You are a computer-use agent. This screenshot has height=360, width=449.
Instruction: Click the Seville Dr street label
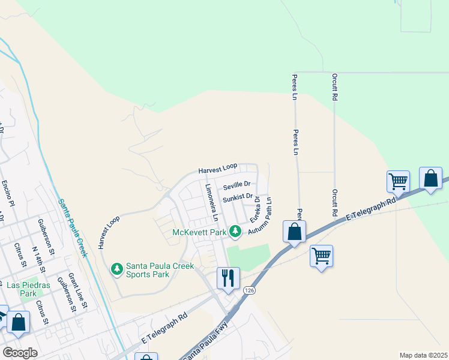pyautogui.click(x=236, y=184)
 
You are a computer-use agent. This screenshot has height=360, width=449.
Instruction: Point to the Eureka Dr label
pyautogui.click(x=255, y=209)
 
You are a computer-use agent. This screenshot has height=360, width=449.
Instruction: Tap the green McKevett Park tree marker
pyautogui.click(x=237, y=231)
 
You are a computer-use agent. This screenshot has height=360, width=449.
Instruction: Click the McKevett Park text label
pyautogui.click(x=199, y=232)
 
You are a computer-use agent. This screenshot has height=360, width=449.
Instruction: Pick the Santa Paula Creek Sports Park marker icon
pyautogui.click(x=118, y=268)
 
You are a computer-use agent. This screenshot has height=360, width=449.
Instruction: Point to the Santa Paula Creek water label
pyautogui.click(x=73, y=227)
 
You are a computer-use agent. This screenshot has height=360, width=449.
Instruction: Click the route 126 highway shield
pyautogui.click(x=249, y=290)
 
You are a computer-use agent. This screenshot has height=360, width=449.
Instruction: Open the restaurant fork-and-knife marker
pyautogui.click(x=228, y=278)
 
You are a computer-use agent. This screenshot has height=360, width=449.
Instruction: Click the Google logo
pyautogui.click(x=20, y=353)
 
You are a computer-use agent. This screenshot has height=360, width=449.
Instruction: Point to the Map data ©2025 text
pyautogui.click(x=423, y=355)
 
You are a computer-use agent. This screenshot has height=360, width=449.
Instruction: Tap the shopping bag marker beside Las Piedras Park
pyautogui.click(x=18, y=322)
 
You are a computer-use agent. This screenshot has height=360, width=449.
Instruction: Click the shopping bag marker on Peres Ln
pyautogui.click(x=294, y=232)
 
